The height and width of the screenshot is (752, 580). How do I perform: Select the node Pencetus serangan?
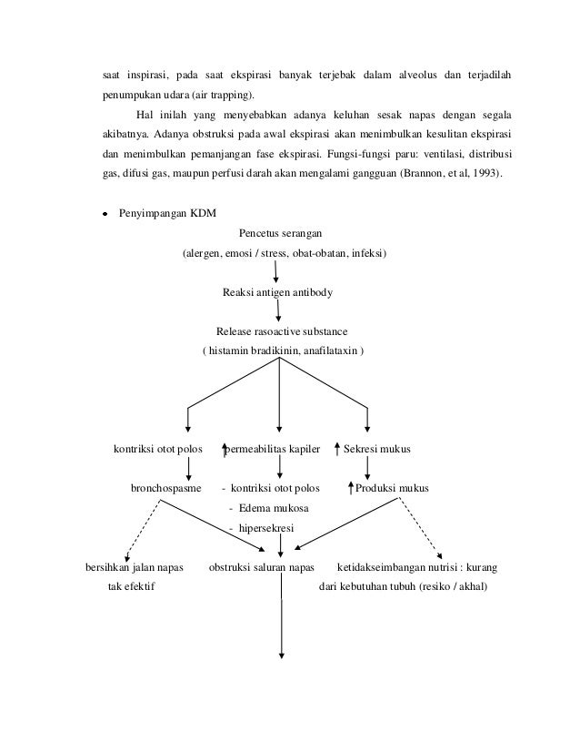tap(280, 232)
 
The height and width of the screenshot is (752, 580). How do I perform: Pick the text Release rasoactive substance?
tap(282, 331)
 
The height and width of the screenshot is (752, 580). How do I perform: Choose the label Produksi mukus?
tap(393, 489)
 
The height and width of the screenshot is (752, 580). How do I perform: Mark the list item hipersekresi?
tap(272, 527)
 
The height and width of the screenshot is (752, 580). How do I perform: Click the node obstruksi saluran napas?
tap(262, 567)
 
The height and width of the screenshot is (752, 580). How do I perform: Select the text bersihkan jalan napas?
tap(133, 567)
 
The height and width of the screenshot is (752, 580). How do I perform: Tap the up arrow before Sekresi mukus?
tap(337, 448)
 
